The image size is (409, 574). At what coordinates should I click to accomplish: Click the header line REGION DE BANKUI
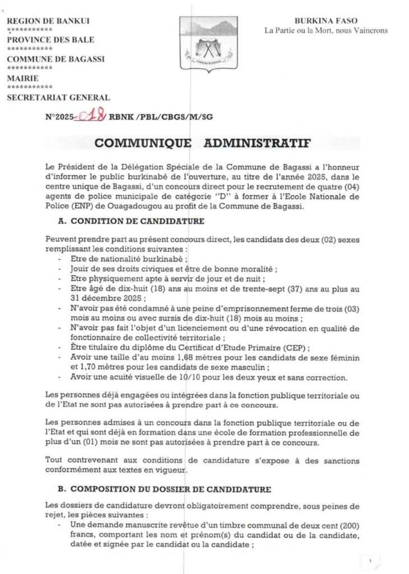point(48,21)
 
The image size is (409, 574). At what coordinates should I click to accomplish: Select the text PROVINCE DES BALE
point(50,40)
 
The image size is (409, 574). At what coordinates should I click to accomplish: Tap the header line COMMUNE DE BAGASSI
point(55,59)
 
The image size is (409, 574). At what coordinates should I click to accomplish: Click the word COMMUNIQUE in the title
point(143,143)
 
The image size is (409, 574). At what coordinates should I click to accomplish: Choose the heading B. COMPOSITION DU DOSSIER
point(164,489)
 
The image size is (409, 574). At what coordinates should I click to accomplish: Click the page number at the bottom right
point(370,560)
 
